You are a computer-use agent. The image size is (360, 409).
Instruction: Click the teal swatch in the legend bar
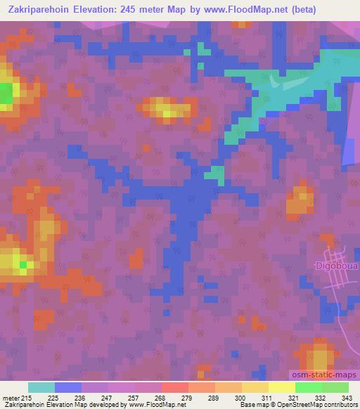pos(41,387)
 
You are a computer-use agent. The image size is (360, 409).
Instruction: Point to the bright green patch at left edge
pos(6,93)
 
